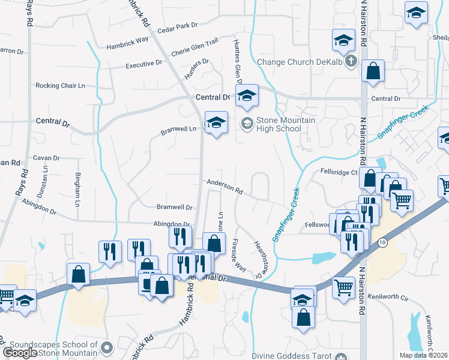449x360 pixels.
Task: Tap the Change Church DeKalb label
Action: click(x=300, y=61)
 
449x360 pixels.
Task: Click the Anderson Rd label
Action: click(x=224, y=188)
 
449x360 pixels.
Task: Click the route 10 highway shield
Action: click(x=382, y=242)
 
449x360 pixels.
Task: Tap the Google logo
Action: click(x=20, y=353)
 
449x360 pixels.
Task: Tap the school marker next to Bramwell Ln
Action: click(x=216, y=123)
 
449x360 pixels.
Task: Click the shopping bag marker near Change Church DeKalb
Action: click(x=373, y=71)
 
